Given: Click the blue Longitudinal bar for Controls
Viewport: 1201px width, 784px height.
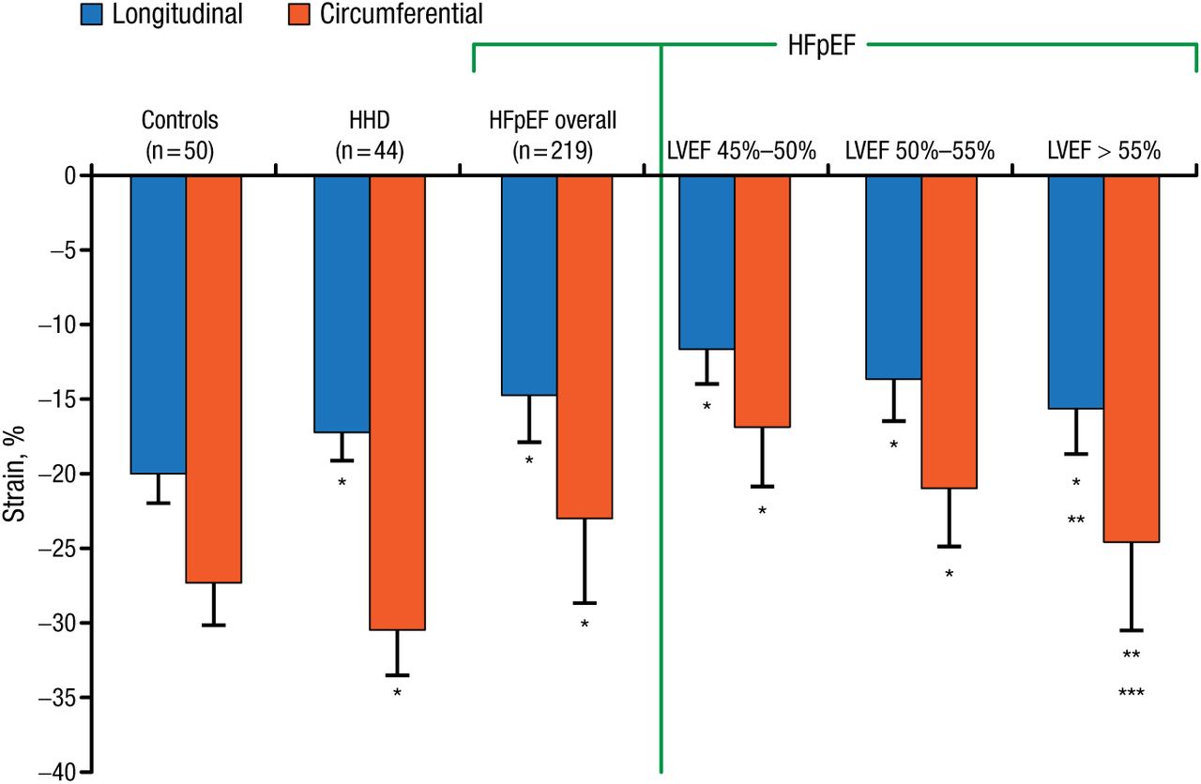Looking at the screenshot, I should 158,324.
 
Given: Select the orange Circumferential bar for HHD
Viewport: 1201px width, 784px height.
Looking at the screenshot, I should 397,402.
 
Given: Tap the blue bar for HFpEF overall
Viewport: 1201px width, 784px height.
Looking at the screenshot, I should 529,285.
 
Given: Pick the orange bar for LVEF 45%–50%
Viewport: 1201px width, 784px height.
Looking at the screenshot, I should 762,301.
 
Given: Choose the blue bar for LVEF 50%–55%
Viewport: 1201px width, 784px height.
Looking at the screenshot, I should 893,277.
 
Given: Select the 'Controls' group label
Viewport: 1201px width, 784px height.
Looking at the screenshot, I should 179,120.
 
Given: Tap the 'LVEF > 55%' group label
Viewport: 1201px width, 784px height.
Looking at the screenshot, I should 1105,150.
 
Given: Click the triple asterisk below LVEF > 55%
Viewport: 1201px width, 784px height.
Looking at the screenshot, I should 1132,694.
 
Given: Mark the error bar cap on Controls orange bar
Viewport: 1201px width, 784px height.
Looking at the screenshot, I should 214,625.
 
